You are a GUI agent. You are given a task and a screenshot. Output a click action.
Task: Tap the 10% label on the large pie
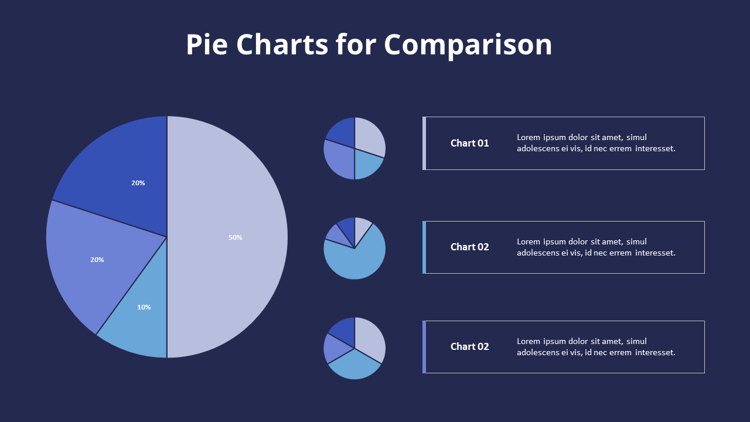coord(144,307)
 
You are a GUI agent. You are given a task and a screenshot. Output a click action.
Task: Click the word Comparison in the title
coord(468,45)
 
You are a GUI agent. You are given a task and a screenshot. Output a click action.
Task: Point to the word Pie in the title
coord(207,45)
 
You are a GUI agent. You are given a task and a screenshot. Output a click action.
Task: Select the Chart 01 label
coord(469,143)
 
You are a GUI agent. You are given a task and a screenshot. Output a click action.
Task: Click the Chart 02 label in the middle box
coord(469,247)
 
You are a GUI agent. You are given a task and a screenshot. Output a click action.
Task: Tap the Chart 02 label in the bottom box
coord(469,346)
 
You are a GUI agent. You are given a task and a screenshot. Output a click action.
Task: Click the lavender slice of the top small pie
coord(369,136)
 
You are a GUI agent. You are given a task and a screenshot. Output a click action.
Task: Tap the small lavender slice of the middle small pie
coord(362,226)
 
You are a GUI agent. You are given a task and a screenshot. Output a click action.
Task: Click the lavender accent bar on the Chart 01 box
coord(424,143)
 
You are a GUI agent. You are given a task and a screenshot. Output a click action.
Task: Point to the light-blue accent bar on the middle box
coord(424,247)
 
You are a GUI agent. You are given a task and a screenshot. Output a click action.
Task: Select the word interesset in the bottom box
coord(655,352)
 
